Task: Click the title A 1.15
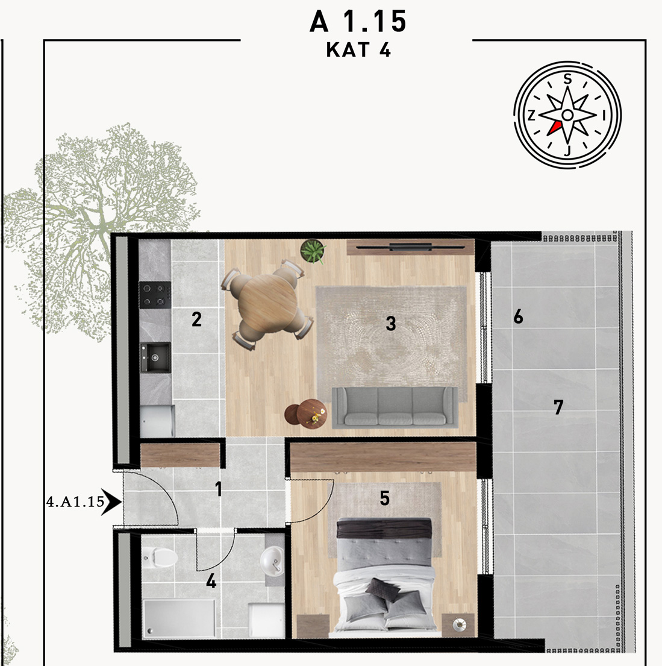(358, 22)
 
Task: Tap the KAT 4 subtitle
(358, 50)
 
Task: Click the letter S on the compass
(567, 78)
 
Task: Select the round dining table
(267, 304)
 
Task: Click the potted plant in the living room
(313, 251)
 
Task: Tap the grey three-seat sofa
(395, 407)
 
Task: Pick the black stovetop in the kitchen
(155, 295)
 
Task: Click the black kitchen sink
(155, 357)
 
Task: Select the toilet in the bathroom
(160, 557)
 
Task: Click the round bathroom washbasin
(272, 561)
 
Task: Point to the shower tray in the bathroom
(179, 618)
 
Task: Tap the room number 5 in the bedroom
(385, 498)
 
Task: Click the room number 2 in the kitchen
(196, 319)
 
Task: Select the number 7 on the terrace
(558, 407)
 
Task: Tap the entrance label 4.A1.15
(75, 502)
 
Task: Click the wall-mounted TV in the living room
(410, 247)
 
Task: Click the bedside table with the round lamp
(458, 625)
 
